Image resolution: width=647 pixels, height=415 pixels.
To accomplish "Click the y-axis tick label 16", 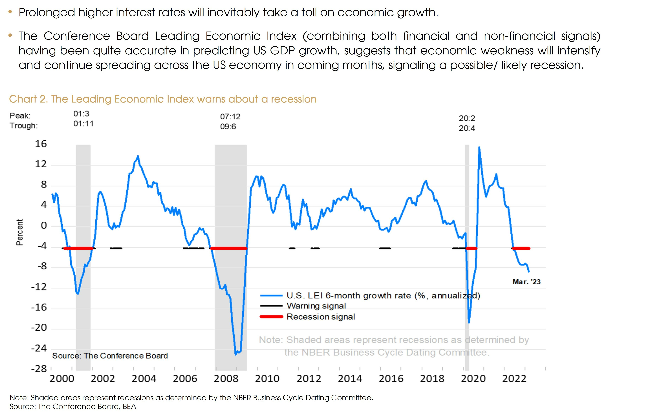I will [41, 144].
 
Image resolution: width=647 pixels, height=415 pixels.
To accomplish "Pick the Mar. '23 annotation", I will [526, 282].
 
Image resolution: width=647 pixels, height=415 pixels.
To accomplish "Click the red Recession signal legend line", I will [271, 317].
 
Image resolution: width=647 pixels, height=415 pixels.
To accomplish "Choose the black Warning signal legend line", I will [271, 306].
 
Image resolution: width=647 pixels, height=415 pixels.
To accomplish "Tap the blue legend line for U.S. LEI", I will [271, 296].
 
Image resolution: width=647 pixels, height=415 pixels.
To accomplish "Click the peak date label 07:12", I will [230, 117].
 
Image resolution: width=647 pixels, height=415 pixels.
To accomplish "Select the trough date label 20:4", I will [467, 128].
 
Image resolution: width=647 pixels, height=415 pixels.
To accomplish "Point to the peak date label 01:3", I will [81, 114].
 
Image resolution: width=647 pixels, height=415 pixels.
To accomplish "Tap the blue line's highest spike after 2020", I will [479, 147].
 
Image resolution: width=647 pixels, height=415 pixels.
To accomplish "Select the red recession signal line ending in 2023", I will [521, 248].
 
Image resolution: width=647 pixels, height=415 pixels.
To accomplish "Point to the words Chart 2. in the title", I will [29, 99].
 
